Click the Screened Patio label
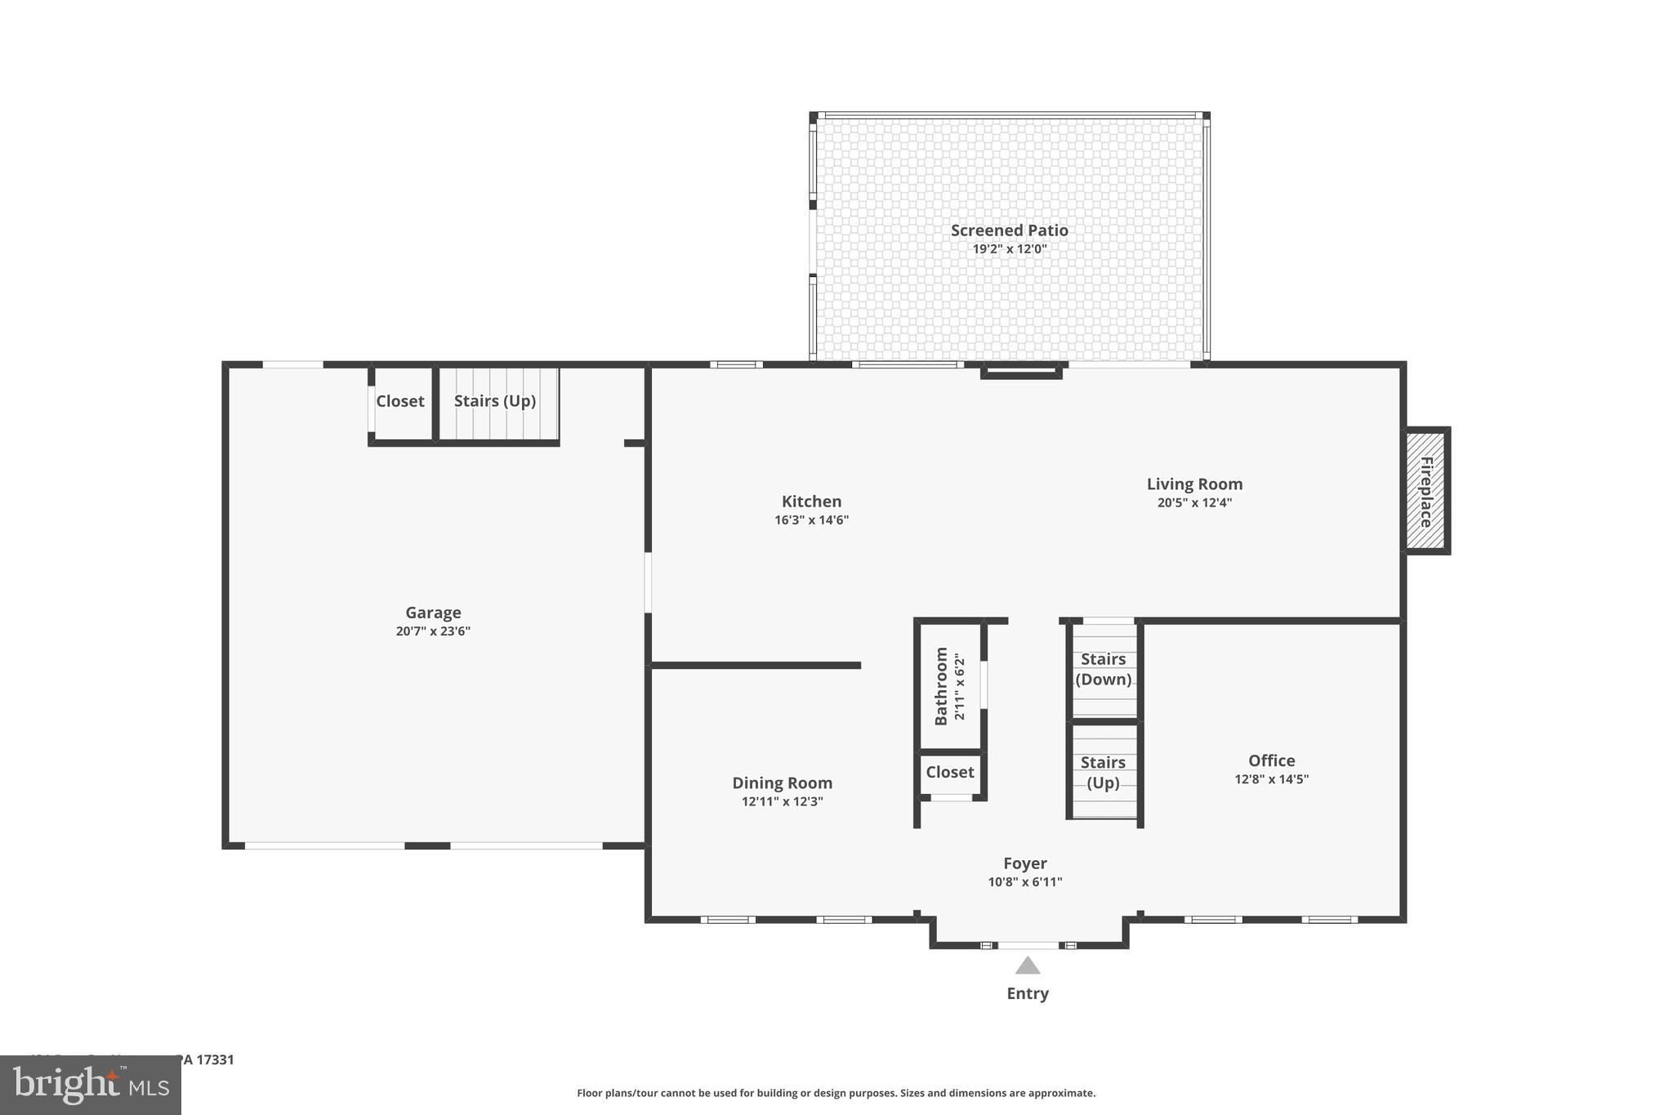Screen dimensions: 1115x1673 coord(1009,230)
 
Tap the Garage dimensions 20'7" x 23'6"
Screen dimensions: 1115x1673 coord(433,631)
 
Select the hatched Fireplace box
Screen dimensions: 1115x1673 coord(1426,491)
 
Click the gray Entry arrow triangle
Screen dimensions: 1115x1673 coord(1028,966)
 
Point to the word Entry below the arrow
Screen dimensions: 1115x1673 coord(1028,993)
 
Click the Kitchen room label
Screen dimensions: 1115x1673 coord(811,502)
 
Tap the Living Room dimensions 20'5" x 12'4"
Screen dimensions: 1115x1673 coord(1194,503)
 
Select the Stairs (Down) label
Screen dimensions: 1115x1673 coord(1104,669)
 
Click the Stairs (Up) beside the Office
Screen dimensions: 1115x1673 coord(1103,772)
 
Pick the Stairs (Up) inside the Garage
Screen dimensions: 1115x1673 coord(495,401)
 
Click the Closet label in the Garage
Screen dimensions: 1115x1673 coord(399,401)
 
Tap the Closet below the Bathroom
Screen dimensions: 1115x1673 coord(949,772)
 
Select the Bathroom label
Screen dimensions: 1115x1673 coord(941,686)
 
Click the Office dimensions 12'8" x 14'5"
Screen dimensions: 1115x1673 coord(1271,779)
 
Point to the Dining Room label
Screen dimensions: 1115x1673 coord(782,783)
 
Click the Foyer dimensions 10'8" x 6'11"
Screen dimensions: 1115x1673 coord(1024,882)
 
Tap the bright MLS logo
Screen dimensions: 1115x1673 coord(90,1085)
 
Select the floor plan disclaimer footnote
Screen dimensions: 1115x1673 coord(836,1093)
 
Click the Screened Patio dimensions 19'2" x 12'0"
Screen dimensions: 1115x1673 coord(1009,249)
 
